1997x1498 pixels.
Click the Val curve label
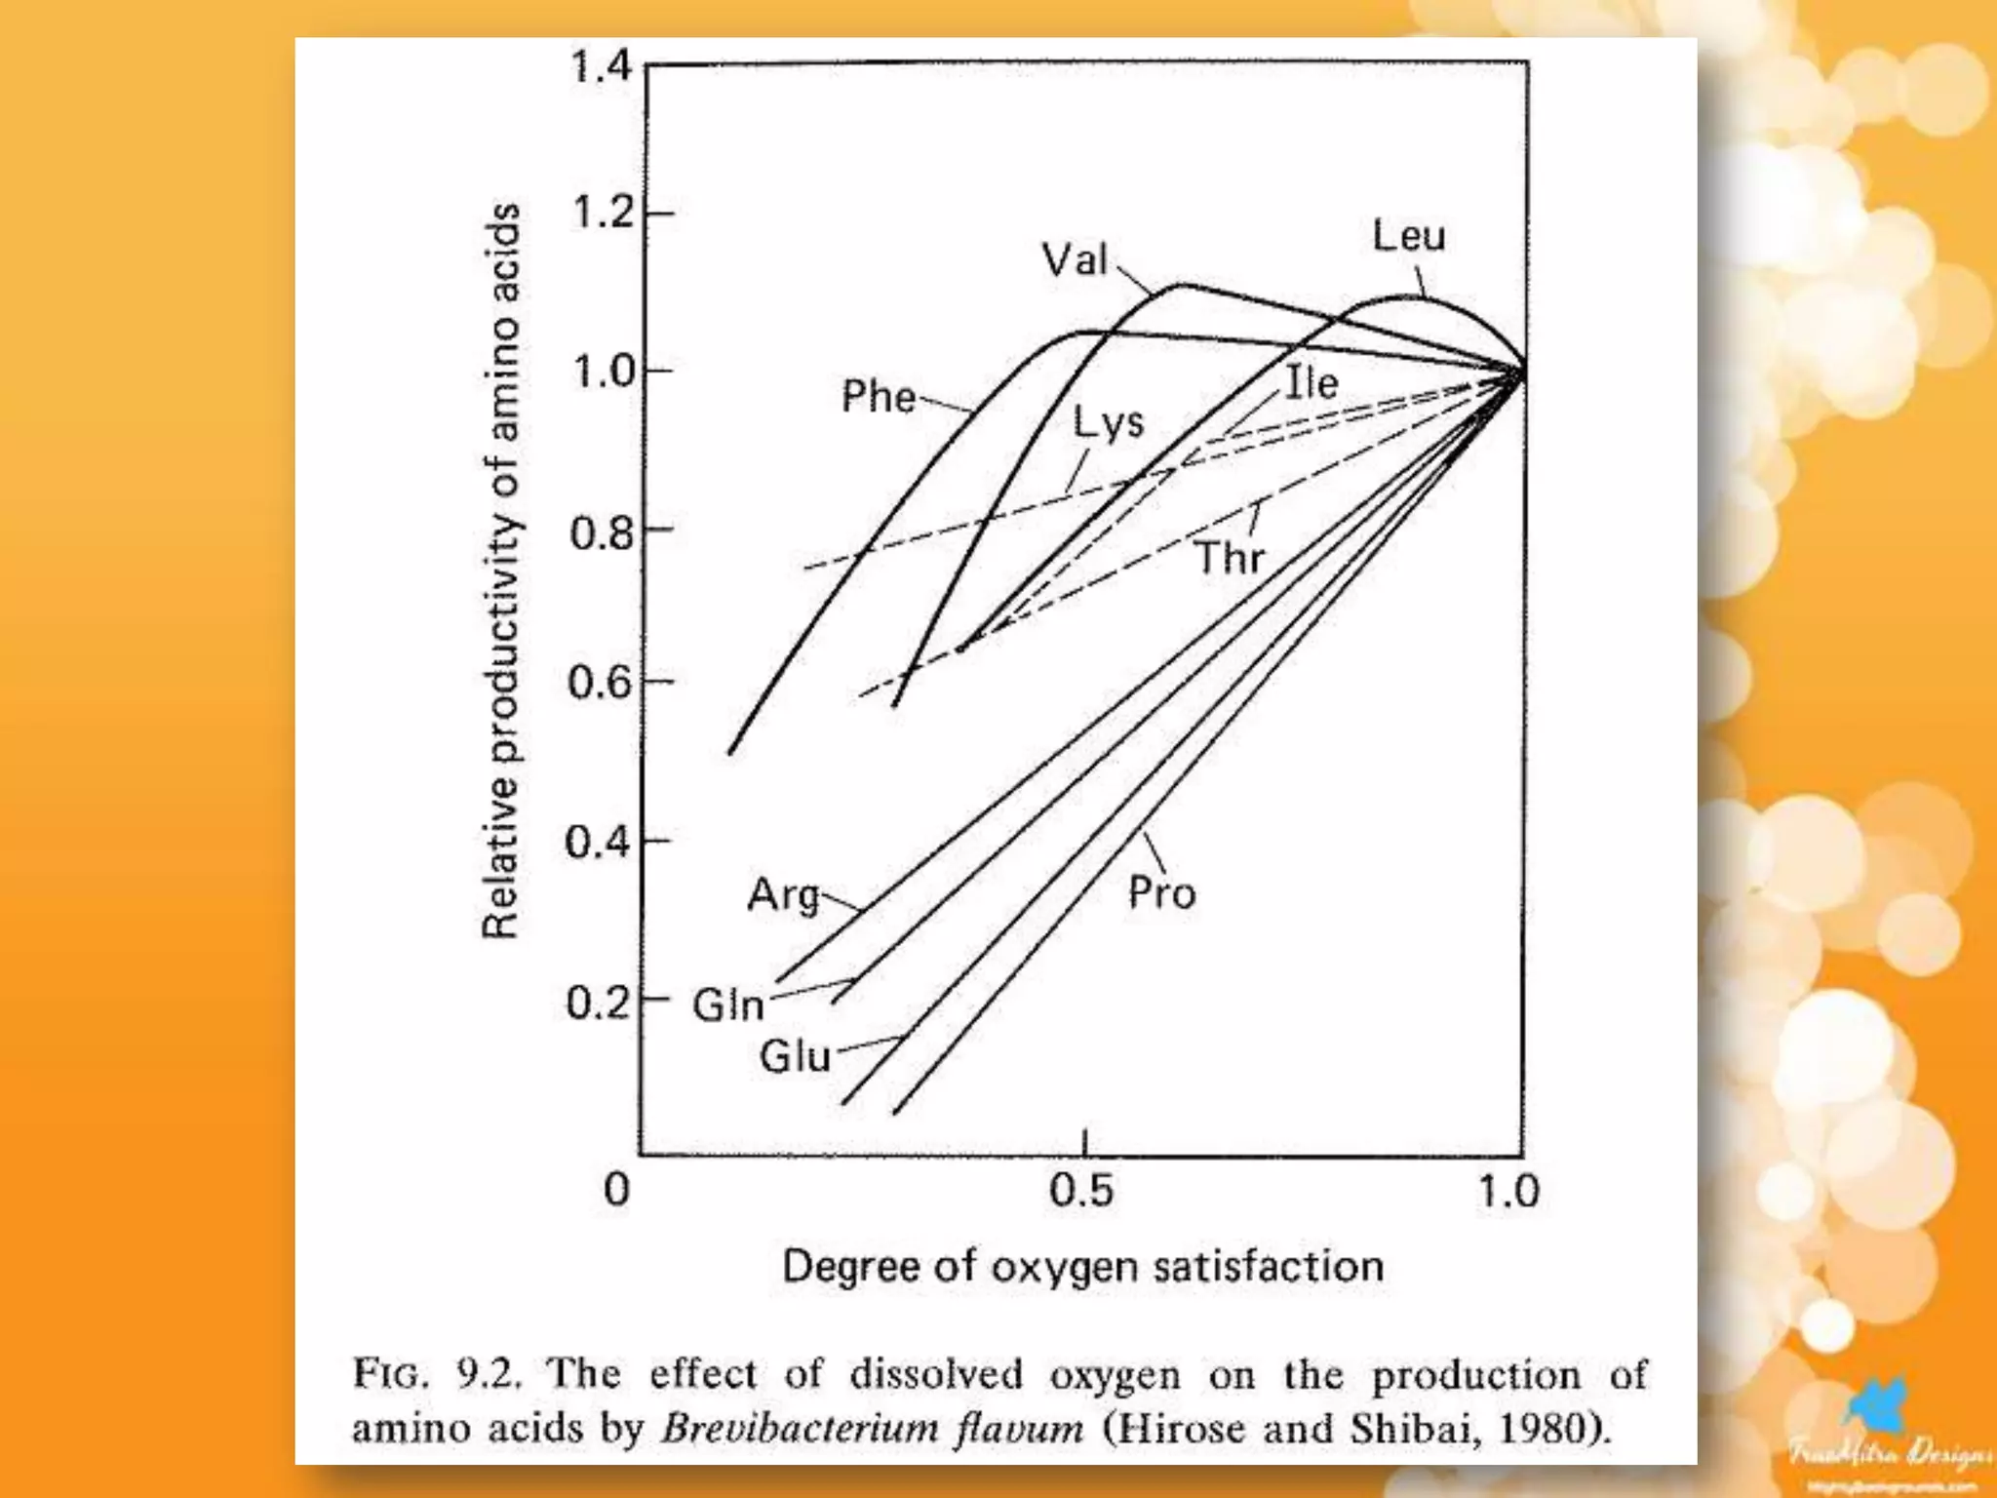click(x=1075, y=259)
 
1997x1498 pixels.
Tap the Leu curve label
click(x=1408, y=236)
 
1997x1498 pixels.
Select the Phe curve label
click(x=879, y=397)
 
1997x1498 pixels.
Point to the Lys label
click(x=1109, y=423)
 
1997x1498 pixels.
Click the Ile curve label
click(x=1312, y=382)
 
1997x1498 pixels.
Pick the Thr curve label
click(x=1230, y=558)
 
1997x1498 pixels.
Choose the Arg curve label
click(x=783, y=895)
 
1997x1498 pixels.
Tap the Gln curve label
click(x=727, y=1005)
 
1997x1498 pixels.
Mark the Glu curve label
click(x=795, y=1056)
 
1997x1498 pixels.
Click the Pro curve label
click(x=1161, y=893)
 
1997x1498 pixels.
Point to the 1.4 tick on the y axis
click(x=601, y=67)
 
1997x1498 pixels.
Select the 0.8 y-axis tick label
click(x=602, y=533)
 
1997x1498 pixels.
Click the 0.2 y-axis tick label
click(x=598, y=1003)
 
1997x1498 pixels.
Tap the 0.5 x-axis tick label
click(x=1081, y=1191)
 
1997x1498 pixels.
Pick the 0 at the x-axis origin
click(x=617, y=1190)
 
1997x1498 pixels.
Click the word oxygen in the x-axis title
click(x=1066, y=1268)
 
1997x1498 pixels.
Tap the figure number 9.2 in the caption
click(x=489, y=1374)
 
